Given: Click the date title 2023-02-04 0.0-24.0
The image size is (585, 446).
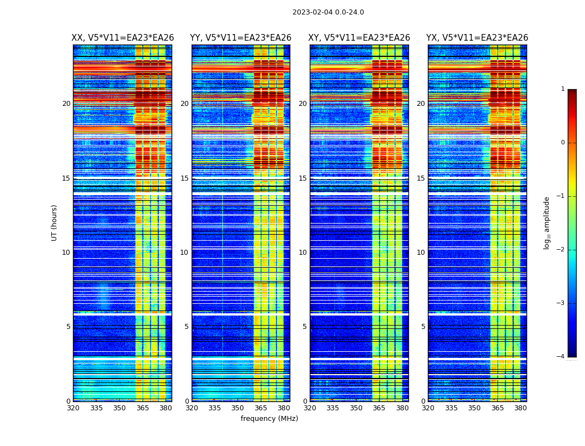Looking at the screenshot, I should point(328,12).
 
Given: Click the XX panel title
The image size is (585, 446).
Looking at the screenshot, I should point(123,38).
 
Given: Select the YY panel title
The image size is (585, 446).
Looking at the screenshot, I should point(241,38).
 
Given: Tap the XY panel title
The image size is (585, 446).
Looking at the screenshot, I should point(359,38).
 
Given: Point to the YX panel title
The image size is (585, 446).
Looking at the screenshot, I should point(477,38).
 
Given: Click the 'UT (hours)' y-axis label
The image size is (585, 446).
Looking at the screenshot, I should point(55,222).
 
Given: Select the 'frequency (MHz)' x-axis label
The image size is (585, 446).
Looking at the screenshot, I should point(269,419).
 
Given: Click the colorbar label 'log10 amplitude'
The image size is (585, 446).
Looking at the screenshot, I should point(547,222).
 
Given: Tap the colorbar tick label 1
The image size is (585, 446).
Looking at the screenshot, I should point(563,89).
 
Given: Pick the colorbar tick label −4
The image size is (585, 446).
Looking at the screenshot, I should point(561,357).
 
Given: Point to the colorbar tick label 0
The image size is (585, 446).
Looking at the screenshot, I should point(563,143).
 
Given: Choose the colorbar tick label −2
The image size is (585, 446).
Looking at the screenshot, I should point(561,250).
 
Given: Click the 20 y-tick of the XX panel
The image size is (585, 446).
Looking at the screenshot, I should point(66,104).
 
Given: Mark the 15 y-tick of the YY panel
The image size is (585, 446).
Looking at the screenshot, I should point(184,178).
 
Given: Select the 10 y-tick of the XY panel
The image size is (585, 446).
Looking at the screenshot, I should point(303,253).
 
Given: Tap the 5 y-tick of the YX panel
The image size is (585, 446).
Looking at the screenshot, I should point(423,327).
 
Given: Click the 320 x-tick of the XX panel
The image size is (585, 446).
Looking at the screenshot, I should point(73,408).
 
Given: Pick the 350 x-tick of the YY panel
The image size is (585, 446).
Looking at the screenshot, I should point(238,408).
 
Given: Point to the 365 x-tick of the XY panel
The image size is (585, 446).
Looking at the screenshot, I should point(379,408).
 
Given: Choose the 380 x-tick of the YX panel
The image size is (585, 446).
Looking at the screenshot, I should point(520,408).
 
